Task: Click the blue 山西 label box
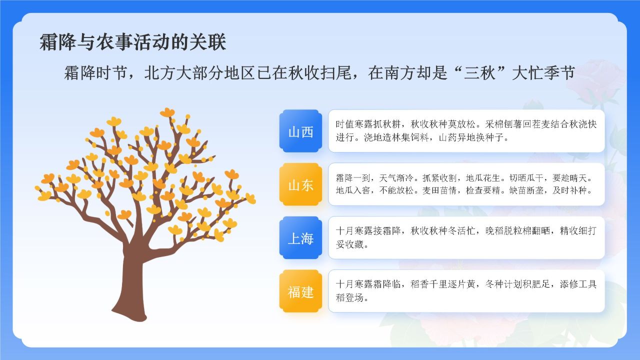coord(300,131)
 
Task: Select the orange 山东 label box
coord(300,185)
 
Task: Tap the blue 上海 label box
coord(300,238)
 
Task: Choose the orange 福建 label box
coord(300,292)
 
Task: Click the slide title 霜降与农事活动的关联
coord(133,42)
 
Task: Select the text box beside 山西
coord(466,131)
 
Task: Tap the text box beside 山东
coord(466,184)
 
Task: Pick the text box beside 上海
coord(466,238)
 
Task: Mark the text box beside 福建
coord(466,291)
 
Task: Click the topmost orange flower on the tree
coord(167,112)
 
